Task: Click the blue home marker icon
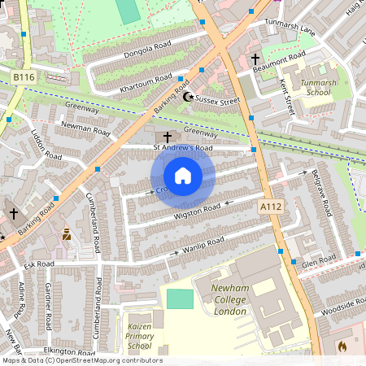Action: tap(183, 176)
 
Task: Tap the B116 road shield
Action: tap(25, 76)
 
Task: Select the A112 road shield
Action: tap(271, 208)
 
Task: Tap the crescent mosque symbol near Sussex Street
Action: tap(190, 98)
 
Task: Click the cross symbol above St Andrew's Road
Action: tap(168, 136)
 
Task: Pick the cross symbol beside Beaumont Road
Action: tap(255, 59)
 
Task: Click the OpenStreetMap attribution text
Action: tap(81, 360)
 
